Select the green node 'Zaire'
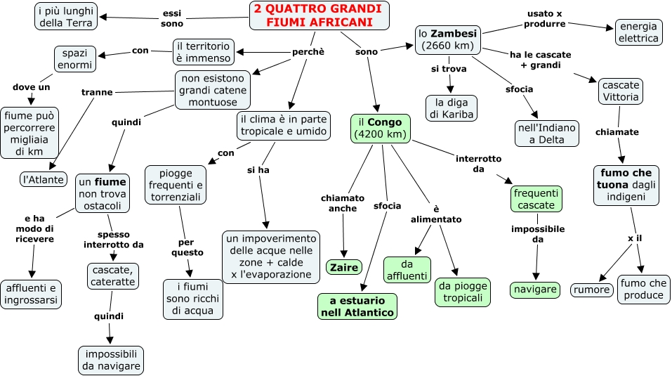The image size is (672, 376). (344, 267)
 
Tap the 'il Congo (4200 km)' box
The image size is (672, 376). (381, 128)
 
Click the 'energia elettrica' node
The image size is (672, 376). (638, 32)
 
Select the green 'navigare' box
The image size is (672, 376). (535, 289)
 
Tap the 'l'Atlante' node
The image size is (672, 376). (44, 179)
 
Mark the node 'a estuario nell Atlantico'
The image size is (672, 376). (357, 306)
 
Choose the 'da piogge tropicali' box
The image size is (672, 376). (463, 292)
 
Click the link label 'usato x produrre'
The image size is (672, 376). (546, 18)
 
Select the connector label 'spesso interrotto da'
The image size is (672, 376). (113, 240)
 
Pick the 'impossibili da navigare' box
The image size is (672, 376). (111, 360)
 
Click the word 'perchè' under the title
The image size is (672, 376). (308, 52)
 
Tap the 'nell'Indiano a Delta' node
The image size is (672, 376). (546, 134)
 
